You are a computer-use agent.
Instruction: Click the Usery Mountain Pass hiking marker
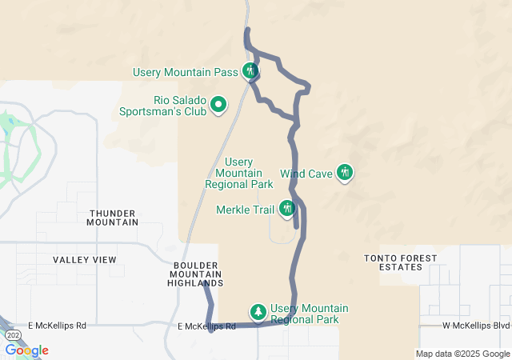tap(250, 71)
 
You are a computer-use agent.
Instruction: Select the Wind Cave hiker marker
tap(345, 171)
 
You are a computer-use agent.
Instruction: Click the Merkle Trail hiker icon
tap(287, 209)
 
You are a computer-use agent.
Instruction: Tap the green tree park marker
tap(258, 310)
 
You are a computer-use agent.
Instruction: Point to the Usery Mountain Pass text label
tap(186, 72)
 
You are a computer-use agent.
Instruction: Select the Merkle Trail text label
tap(246, 210)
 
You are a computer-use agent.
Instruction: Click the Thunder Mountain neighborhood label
tap(114, 218)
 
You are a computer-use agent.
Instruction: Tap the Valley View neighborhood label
tap(85, 260)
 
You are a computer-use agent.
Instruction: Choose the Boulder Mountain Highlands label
tap(195, 274)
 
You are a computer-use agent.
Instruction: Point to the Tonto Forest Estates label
tap(400, 262)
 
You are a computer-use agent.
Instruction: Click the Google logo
tap(26, 350)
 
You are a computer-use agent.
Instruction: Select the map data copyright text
tap(462, 354)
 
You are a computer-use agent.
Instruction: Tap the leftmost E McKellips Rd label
tap(57, 326)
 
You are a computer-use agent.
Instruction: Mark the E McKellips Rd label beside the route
tap(206, 326)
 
